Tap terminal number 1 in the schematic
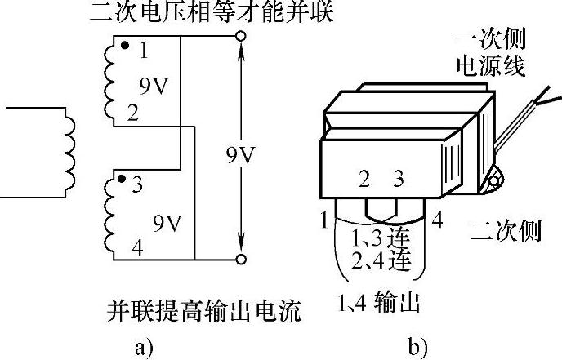click(144, 52)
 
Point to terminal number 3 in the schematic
click(136, 185)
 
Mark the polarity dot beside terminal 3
click(121, 178)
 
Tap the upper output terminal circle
click(241, 36)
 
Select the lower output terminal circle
click(241, 260)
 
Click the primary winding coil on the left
click(66, 154)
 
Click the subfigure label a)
click(143, 348)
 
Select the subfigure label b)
click(417, 348)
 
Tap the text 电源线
click(490, 66)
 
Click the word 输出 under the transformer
click(397, 304)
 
